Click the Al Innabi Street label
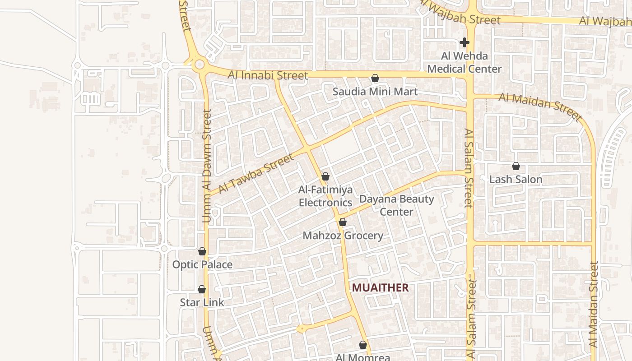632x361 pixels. point(268,75)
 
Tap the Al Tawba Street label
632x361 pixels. point(256,173)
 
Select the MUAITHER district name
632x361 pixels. point(380,287)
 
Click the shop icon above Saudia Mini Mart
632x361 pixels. point(375,78)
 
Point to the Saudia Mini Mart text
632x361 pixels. point(375,92)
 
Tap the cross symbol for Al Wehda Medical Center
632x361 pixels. point(464,42)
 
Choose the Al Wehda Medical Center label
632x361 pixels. point(464,62)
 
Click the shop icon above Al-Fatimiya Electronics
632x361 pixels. point(325,176)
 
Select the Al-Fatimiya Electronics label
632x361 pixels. point(325,196)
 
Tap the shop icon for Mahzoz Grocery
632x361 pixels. point(342,222)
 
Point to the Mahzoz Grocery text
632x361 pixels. point(343,236)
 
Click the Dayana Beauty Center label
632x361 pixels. point(396,205)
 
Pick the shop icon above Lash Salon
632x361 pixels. point(516,166)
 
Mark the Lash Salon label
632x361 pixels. point(516,180)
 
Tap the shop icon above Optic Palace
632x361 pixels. point(202,251)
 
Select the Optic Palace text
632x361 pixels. point(202,265)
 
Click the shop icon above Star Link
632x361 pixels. point(202,289)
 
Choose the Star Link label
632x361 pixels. point(202,302)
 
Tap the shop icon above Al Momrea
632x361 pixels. point(362,345)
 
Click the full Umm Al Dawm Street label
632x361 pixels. point(207,166)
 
